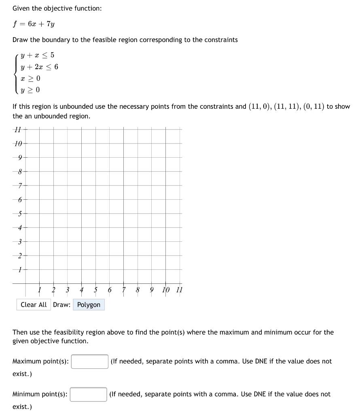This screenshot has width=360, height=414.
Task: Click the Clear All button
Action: [x=34, y=305]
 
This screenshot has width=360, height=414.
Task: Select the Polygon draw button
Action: [x=89, y=305]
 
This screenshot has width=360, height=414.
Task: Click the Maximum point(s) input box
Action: [x=89, y=361]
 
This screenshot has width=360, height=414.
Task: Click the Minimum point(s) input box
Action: [x=88, y=394]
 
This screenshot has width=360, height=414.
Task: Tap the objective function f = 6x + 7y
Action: [x=34, y=24]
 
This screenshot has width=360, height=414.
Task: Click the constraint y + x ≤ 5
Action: [x=37, y=55]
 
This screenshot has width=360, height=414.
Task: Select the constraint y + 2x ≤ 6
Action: [x=39, y=67]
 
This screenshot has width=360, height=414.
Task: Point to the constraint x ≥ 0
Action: [x=30, y=78]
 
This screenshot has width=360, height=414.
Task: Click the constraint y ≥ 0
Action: [x=30, y=90]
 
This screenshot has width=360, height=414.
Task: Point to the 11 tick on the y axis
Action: [x=17, y=130]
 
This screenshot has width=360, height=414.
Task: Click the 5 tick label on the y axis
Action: [x=19, y=213]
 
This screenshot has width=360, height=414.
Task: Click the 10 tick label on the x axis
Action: [x=165, y=290]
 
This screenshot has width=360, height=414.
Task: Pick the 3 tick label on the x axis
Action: [x=68, y=290]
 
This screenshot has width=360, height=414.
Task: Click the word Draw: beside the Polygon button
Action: [x=61, y=305]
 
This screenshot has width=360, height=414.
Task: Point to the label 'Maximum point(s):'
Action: [x=40, y=361]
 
